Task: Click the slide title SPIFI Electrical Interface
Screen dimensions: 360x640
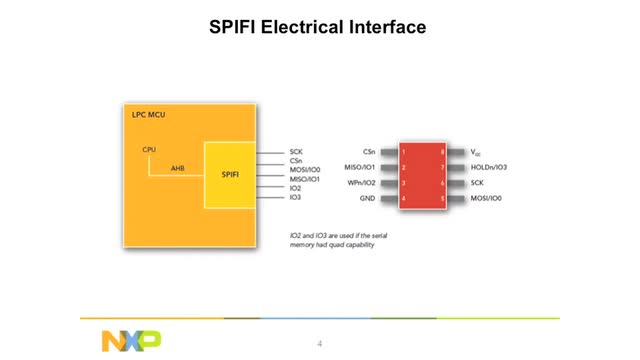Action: tap(319, 27)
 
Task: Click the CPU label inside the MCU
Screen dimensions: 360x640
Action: tap(149, 150)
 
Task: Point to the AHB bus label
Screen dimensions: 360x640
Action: tap(177, 168)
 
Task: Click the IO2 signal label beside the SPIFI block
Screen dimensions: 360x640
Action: tap(295, 187)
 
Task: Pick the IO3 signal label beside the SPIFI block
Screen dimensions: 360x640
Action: tap(295, 197)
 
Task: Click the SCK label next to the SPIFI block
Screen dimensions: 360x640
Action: tap(296, 151)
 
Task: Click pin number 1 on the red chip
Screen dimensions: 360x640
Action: tap(404, 152)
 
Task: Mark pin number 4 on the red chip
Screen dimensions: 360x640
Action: tap(404, 200)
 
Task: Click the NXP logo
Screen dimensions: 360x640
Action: tap(130, 341)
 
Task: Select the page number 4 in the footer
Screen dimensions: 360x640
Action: tap(319, 344)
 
